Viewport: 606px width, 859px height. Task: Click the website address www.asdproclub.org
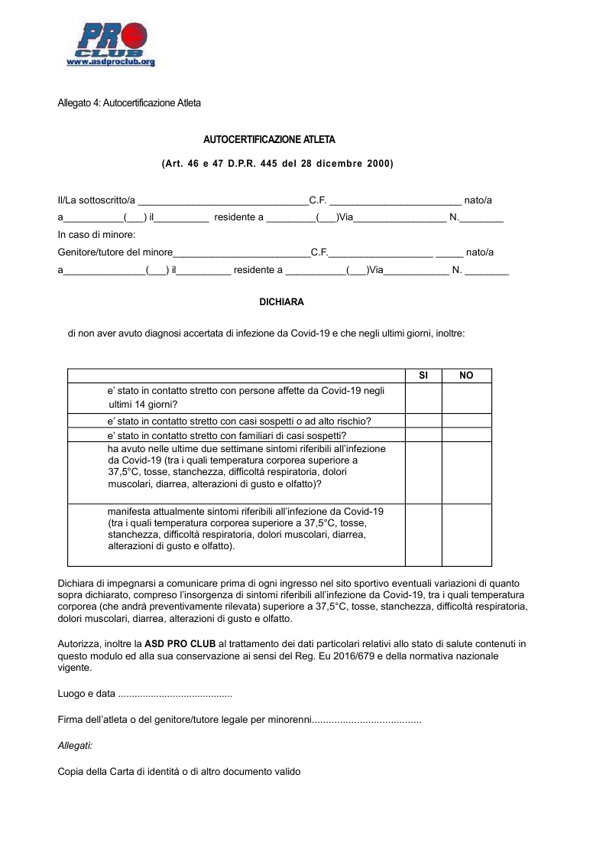coord(111,62)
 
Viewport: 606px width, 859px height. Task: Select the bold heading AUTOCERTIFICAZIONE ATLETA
coord(269,140)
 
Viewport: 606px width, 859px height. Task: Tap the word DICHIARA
coord(282,302)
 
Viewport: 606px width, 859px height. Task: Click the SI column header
coord(423,376)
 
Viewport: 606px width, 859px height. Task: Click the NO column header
coord(466,376)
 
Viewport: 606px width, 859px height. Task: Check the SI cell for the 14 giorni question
coord(423,398)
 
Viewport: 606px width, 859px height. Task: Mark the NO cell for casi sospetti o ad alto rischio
coord(466,421)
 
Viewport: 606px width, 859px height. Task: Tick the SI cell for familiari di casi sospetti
coord(423,434)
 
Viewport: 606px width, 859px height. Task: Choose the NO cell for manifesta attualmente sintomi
coord(466,535)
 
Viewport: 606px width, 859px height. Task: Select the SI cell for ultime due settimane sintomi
coord(423,473)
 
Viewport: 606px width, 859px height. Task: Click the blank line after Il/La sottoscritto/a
coord(222,201)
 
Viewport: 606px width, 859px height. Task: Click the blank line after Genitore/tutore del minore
coord(241,253)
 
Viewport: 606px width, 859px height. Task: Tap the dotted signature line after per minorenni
coord(367,721)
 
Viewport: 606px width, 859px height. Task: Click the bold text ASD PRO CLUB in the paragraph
coord(180,644)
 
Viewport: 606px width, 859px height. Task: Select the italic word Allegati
coord(75,745)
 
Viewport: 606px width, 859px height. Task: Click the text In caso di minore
coord(96,235)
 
